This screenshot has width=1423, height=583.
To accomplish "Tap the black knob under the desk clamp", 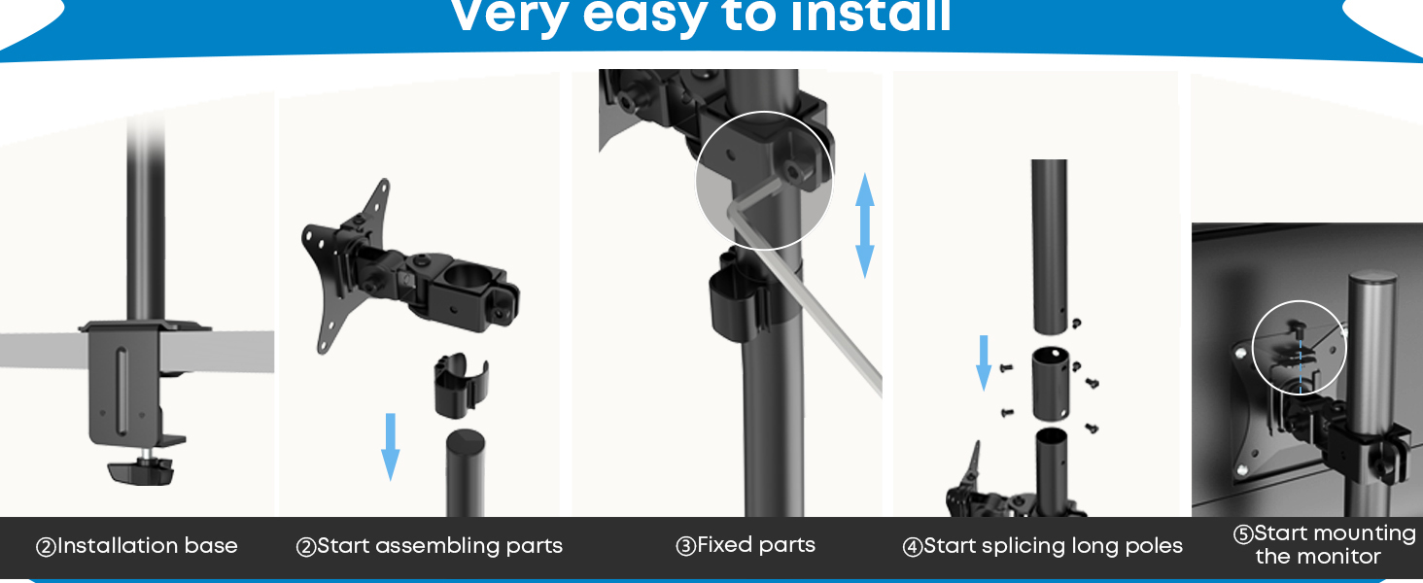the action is click(141, 471).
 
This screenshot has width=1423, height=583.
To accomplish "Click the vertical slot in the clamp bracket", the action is click(121, 391).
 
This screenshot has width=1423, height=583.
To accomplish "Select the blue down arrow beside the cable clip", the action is click(390, 447).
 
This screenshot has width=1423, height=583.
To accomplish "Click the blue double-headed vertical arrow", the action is click(865, 225).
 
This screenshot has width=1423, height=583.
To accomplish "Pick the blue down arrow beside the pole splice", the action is click(984, 362).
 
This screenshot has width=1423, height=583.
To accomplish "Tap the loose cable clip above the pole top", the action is click(461, 386).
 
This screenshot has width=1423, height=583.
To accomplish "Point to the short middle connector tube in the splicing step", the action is click(1050, 384).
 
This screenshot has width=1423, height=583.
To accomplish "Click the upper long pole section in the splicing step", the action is click(1049, 247).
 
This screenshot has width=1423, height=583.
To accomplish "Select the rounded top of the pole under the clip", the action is click(466, 440).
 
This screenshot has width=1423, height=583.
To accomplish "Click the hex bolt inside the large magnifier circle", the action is click(791, 171).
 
